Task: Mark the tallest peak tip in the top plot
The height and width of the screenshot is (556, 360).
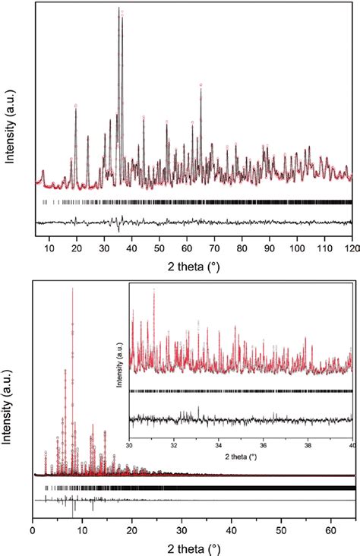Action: (x=118, y=8)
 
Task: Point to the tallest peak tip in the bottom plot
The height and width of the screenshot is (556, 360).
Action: (x=72, y=289)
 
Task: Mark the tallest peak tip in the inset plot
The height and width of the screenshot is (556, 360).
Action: (x=154, y=289)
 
